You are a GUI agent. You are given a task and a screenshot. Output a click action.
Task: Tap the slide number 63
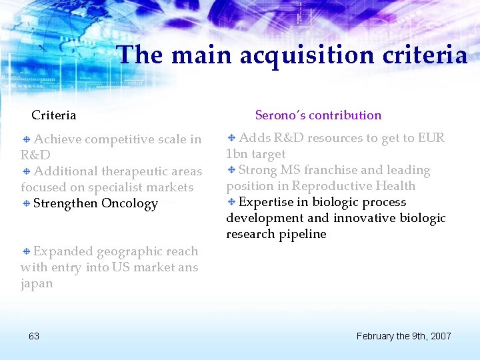(34, 335)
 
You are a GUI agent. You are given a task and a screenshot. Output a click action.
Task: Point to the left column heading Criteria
(54, 115)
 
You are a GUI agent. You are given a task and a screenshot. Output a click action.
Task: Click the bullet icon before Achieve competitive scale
(27, 139)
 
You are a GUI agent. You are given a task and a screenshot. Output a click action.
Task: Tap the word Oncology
(129, 203)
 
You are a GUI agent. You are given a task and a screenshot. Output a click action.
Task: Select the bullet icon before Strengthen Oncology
(27, 203)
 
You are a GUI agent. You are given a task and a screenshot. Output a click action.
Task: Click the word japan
(37, 283)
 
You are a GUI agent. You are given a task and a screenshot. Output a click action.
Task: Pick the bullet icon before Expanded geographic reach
(27, 251)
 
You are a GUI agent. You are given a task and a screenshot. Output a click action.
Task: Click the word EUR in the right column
(431, 138)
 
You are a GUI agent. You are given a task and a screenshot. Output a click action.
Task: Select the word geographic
(128, 251)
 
